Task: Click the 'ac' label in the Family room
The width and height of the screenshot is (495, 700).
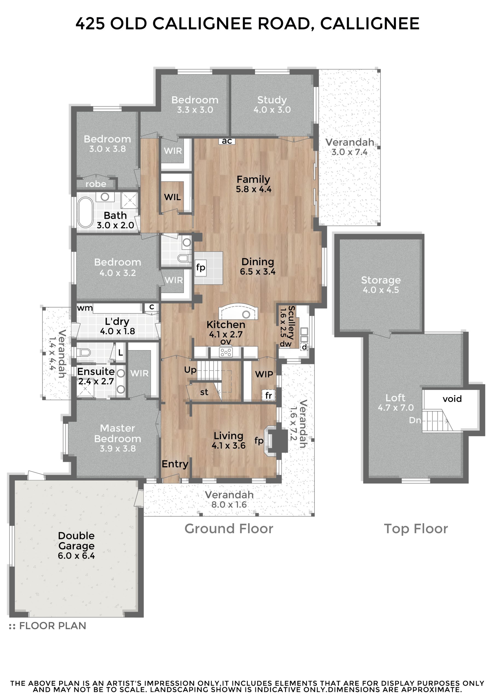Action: point(227,141)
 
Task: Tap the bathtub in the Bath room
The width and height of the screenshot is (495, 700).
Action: point(85,212)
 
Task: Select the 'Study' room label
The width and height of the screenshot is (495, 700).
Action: point(272,100)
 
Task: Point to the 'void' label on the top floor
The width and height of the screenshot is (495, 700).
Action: point(452,399)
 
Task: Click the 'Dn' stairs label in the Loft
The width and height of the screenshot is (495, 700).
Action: point(415,421)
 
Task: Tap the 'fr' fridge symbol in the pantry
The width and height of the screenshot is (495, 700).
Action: point(268,395)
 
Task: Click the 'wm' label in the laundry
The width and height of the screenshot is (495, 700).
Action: point(85,308)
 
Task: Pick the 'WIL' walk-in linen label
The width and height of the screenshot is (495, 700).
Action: point(172,197)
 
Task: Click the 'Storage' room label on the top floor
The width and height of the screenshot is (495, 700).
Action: point(381,280)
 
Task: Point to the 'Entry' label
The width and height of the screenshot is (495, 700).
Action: point(175,464)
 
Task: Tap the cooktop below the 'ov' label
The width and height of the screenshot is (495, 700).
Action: point(226,352)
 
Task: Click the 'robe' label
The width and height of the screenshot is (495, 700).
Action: point(96,184)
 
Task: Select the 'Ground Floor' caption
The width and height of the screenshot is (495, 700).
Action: point(228,528)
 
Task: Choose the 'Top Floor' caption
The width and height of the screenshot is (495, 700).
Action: point(416,529)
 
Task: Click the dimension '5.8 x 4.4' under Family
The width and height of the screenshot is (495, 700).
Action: point(254,189)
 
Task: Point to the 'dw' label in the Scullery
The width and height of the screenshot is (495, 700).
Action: point(286,344)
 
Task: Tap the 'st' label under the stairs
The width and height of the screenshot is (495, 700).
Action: point(204,392)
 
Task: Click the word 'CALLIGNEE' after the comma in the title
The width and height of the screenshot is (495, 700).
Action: point(370,24)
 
